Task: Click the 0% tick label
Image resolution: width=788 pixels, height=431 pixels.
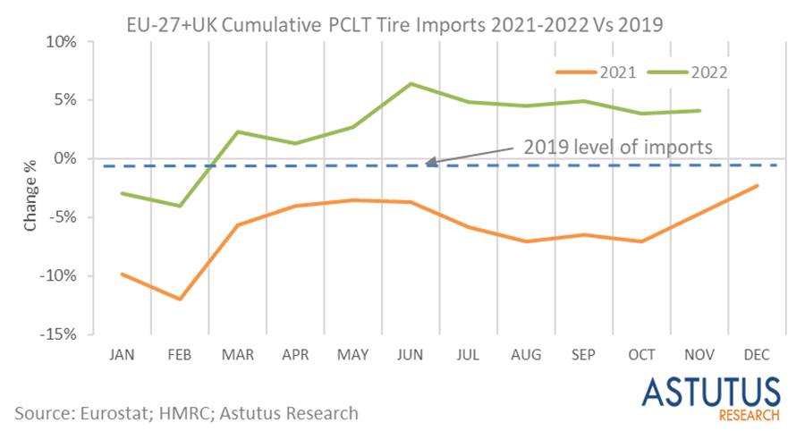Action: tap(76, 159)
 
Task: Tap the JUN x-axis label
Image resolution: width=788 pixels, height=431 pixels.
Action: tap(410, 355)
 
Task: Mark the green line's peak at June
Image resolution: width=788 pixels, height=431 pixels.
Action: tap(410, 84)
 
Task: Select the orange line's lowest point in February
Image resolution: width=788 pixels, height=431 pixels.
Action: tap(179, 299)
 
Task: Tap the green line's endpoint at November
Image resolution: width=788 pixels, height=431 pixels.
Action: tap(699, 111)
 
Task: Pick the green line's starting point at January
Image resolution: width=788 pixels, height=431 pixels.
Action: tap(122, 193)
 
